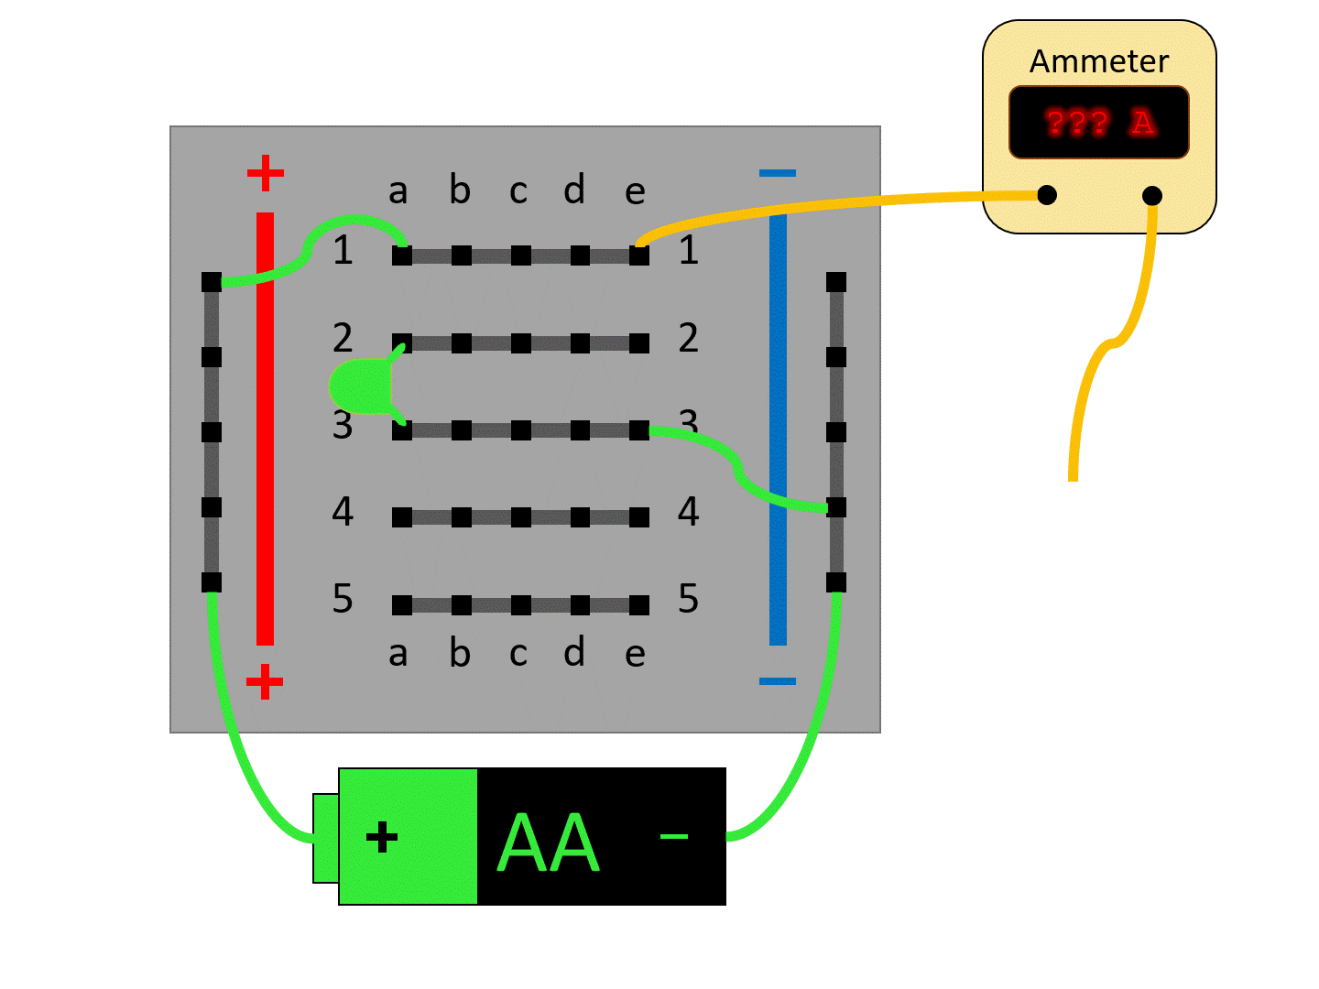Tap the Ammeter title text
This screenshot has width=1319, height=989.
coord(1098,61)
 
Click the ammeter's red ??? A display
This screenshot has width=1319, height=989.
coord(1098,122)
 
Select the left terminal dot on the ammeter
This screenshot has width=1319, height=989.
coord(1047,194)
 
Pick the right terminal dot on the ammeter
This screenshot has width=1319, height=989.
coord(1152,195)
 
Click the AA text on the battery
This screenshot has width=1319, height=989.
coord(548,842)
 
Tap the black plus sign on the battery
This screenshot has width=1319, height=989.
coord(382,837)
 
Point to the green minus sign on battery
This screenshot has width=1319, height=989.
coord(674,836)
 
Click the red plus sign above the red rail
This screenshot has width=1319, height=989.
coord(265,173)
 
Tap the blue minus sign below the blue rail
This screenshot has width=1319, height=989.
coord(778,681)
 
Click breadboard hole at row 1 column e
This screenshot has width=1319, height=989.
coord(639,255)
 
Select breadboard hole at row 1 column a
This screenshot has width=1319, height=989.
coord(402,255)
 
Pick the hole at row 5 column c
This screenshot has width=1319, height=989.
coord(520,604)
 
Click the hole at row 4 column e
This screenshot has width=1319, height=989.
coord(639,517)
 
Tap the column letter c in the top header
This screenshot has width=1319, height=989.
coord(518,190)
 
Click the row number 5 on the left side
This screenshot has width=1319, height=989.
coord(343,599)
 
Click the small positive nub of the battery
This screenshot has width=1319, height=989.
coord(325,838)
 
